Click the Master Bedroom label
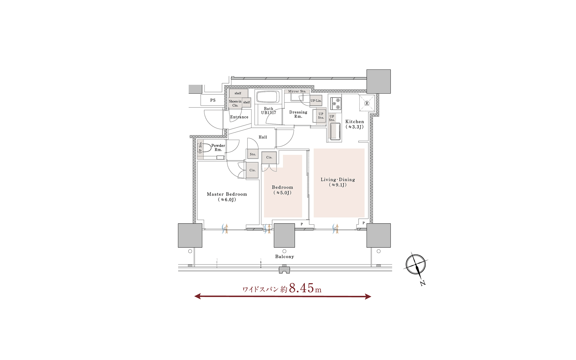click(227, 197)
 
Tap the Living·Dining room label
click(338, 182)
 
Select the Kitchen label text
click(355, 124)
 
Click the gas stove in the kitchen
click(336, 103)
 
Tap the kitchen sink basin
click(335, 131)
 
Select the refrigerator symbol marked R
click(367, 103)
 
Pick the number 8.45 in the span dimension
click(302, 288)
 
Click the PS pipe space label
click(213, 100)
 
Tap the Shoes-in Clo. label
click(235, 103)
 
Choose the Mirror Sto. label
click(297, 91)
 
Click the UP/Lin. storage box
click(316, 101)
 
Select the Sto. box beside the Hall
click(252, 154)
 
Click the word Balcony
click(284, 257)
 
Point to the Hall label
click(263, 137)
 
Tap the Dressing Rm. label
click(298, 114)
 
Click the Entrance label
click(239, 117)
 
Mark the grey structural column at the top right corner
click(378, 81)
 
